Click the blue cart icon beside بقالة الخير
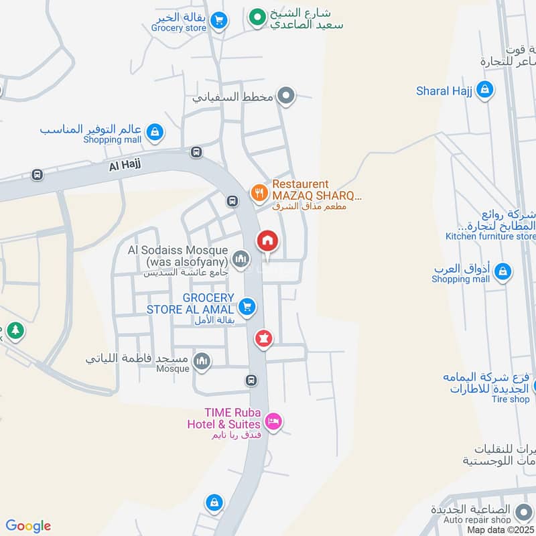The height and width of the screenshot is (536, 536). [x=218, y=21]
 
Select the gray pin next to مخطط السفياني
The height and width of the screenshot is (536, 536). [x=286, y=96]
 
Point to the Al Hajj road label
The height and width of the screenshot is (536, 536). [x=124, y=164]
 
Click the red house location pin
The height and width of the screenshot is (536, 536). [x=267, y=242]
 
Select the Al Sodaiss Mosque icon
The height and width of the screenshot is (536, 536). [x=240, y=258]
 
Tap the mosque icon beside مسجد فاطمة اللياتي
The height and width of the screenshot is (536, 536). [x=202, y=362]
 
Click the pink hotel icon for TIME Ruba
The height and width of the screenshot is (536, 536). [x=273, y=421]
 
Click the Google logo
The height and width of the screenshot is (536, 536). [x=28, y=526]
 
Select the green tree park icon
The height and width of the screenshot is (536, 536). [x=15, y=330]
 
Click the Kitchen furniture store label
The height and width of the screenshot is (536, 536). [x=490, y=236]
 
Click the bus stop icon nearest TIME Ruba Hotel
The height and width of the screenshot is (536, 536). [x=251, y=381]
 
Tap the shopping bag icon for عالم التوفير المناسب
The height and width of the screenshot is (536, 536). [x=155, y=132]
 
